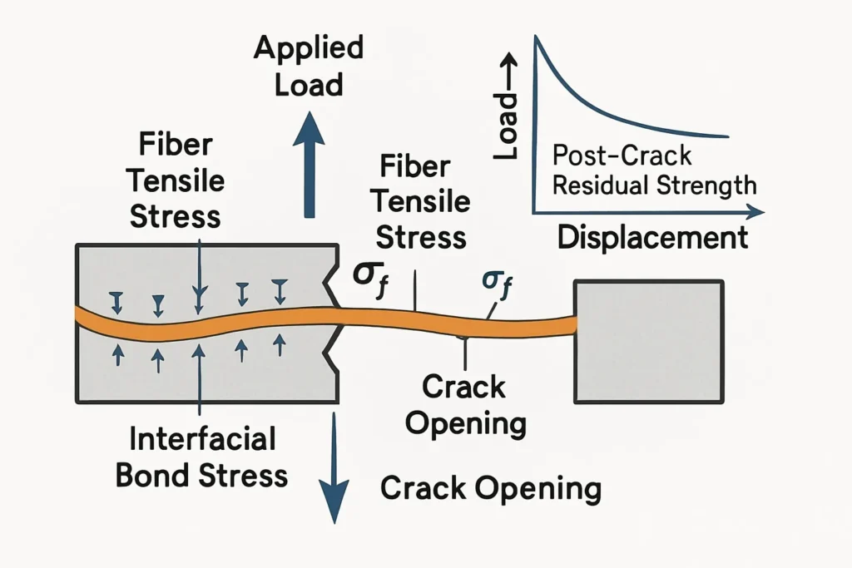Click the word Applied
pos(309,47)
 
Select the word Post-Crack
pos(622,156)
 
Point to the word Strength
pos(705,185)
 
